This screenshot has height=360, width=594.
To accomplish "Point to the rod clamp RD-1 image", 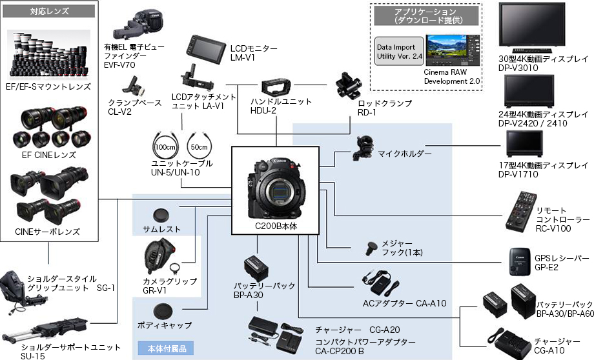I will [x=351, y=86].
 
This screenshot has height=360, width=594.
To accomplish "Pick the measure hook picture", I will [x=373, y=248].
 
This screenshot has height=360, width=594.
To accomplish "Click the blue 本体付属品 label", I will [x=167, y=349].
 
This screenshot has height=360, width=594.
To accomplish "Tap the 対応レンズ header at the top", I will [x=50, y=12].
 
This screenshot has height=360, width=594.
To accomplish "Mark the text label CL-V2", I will [x=120, y=112].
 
